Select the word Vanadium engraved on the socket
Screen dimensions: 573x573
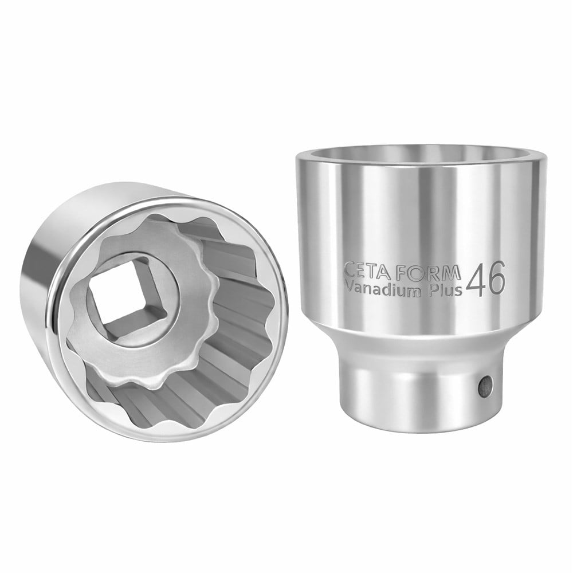click(x=382, y=290)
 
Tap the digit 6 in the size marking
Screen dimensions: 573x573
click(x=496, y=278)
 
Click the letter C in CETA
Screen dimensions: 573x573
click(x=350, y=271)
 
